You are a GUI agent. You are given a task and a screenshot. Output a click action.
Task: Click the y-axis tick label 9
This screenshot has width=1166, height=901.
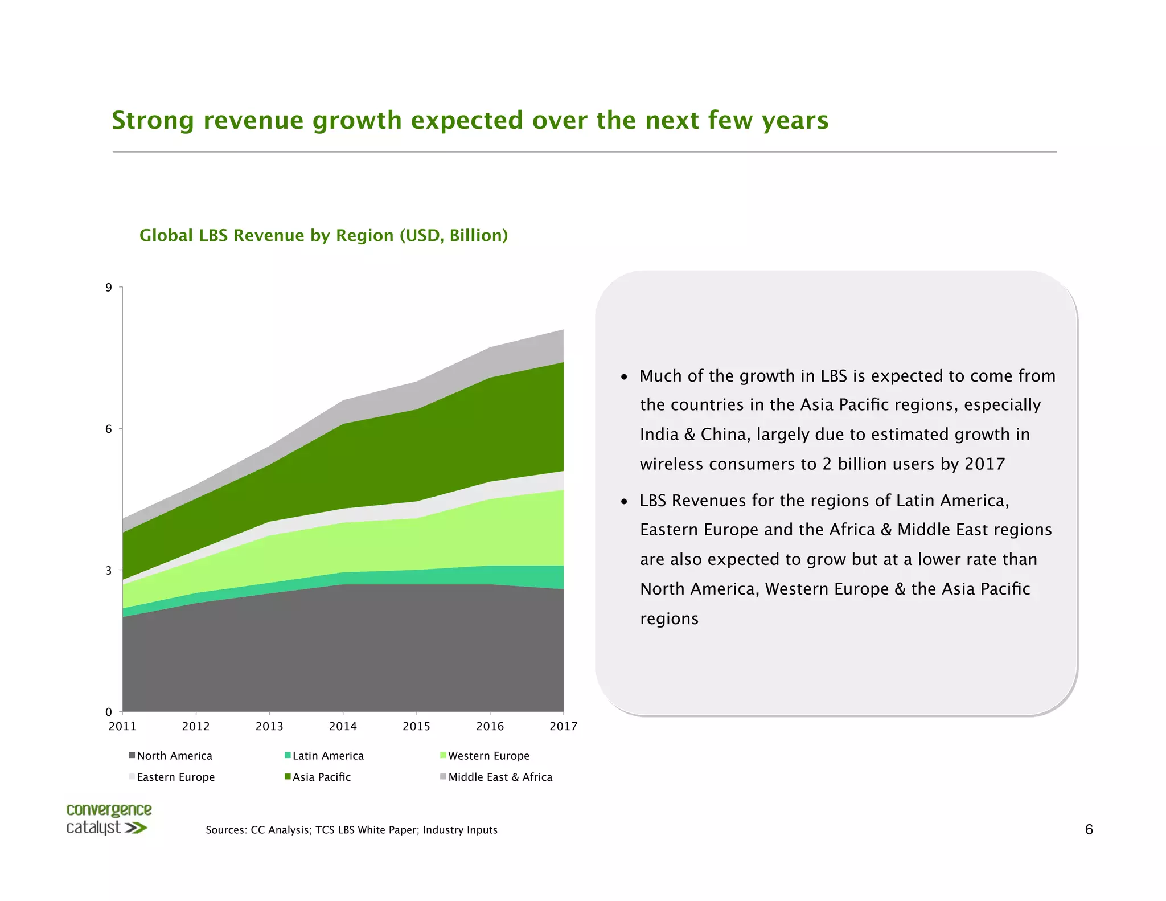[108, 288]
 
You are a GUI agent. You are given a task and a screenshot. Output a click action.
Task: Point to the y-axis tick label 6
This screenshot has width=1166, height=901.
[108, 429]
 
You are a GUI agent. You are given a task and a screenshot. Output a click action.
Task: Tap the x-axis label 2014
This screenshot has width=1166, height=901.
[343, 726]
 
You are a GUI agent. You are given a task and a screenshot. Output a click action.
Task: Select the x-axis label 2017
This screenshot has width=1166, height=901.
[563, 726]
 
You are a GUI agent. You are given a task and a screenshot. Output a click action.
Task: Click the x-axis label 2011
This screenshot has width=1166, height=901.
[122, 726]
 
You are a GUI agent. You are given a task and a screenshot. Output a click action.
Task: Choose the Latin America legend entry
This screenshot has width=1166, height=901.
[325, 756]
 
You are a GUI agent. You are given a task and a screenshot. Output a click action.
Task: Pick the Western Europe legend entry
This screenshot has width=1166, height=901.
[485, 756]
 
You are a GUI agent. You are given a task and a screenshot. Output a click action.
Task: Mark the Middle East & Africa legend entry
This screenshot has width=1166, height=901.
[496, 777]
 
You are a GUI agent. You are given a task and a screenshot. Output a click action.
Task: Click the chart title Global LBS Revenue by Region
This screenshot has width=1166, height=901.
[323, 235]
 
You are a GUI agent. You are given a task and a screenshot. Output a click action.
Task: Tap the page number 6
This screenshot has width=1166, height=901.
[1089, 829]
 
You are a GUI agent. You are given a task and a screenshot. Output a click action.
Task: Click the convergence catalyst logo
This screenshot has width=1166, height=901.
[108, 819]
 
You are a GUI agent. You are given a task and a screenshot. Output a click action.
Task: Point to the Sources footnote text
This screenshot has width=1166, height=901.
[351, 830]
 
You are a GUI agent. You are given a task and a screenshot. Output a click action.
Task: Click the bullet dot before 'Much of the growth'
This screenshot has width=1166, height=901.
[624, 377]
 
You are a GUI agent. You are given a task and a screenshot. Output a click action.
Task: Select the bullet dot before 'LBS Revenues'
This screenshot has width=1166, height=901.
[624, 502]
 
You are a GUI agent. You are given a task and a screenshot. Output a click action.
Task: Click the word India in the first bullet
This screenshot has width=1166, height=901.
[659, 435]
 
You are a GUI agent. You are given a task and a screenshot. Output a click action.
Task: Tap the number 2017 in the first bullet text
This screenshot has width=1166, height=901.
[984, 464]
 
